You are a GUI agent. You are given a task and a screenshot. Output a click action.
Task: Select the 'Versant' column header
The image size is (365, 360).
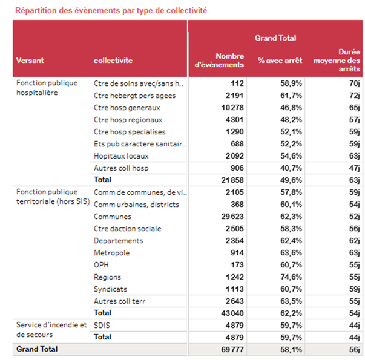[30, 61]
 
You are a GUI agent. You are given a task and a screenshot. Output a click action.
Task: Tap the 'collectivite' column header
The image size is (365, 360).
[113, 61]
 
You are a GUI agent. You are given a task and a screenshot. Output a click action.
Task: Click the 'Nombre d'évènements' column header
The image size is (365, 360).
[220, 61]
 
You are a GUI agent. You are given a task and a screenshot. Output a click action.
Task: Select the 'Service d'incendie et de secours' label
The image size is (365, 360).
[47, 330]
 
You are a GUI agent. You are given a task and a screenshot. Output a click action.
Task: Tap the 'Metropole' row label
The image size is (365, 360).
[112, 253]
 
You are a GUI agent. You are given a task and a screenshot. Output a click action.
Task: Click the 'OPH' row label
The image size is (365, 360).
[101, 265]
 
